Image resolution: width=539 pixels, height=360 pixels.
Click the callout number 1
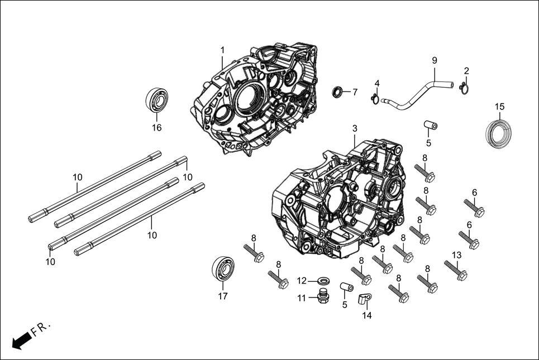tap(222, 50)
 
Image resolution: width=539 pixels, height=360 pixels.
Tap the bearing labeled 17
tap(222, 268)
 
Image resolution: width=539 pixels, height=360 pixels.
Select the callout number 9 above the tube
tap(434, 60)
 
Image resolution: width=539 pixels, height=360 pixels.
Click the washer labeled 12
tap(322, 280)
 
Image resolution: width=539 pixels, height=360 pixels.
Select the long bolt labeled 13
tap(455, 270)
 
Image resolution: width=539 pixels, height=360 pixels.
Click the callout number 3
tap(354, 129)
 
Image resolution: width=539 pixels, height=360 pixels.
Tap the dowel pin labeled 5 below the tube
tap(430, 124)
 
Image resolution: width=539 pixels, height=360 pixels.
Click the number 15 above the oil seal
tap(499, 107)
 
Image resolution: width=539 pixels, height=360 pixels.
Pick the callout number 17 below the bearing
tap(222, 296)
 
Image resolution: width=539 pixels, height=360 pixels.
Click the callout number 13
tap(456, 255)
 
